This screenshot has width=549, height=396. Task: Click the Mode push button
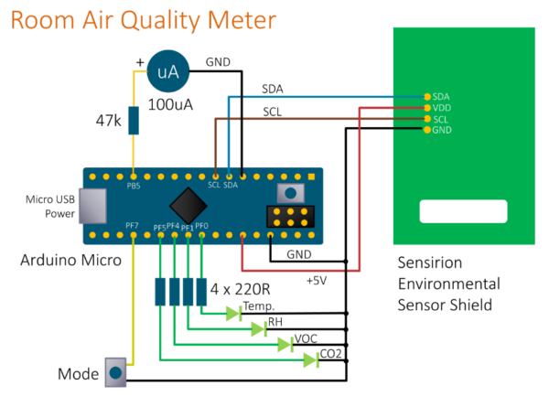pos(115,372)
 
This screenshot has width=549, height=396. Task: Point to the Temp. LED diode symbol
pos(234,314)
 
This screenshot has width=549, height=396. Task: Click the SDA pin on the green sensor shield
pos(426,96)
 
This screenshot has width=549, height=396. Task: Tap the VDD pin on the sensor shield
pos(426,108)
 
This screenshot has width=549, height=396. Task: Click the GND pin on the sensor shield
pos(426,130)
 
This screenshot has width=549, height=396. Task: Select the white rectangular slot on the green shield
pos(462,211)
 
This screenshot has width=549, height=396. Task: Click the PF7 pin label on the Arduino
pos(134,225)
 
